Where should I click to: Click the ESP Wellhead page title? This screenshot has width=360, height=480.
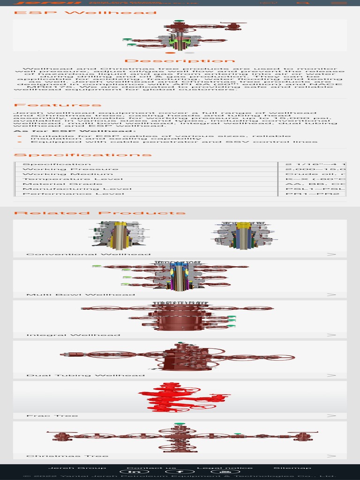pyautogui.click(x=85, y=12)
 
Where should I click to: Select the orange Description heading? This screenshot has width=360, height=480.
pyautogui.click(x=180, y=61)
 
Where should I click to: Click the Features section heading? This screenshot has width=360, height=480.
pyautogui.click(x=58, y=105)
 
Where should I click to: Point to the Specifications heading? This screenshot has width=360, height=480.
pyautogui.click(x=76, y=155)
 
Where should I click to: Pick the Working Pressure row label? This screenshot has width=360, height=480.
pyautogui.click(x=70, y=169)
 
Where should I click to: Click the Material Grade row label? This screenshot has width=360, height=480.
pyautogui.click(x=62, y=184)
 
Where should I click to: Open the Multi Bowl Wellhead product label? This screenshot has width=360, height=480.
pyautogui.click(x=81, y=295)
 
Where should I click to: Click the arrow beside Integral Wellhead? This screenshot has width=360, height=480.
pyautogui.click(x=331, y=335)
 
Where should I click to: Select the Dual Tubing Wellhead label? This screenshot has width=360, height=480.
pyautogui.click(x=85, y=375)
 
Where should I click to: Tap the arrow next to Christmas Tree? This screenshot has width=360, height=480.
pyautogui.click(x=331, y=456)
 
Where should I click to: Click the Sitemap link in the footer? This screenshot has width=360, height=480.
pyautogui.click(x=292, y=468)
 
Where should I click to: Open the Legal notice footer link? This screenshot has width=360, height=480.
pyautogui.click(x=225, y=468)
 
